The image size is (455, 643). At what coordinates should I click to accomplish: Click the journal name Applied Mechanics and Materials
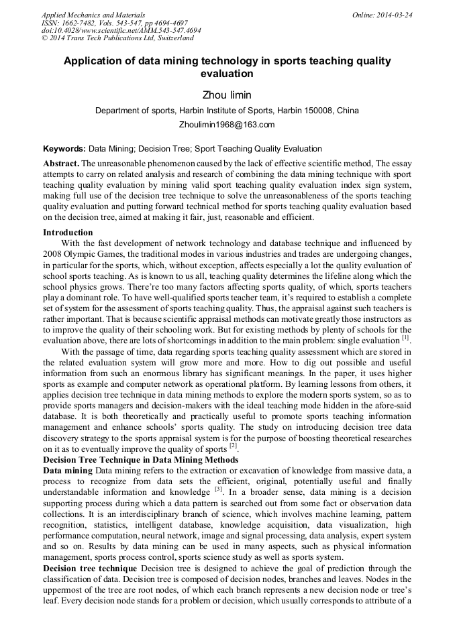(93, 15)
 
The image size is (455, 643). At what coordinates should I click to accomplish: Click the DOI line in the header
(121, 31)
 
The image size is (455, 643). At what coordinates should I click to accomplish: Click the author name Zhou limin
(227, 95)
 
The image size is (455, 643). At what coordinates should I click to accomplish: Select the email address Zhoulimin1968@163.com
(227, 125)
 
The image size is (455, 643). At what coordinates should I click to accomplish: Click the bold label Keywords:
(64, 149)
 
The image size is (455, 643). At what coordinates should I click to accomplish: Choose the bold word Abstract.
(61, 164)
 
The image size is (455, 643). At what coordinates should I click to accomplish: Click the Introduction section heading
(68, 233)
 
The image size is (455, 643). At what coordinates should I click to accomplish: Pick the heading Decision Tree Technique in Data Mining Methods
(140, 460)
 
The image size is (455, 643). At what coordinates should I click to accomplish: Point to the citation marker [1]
(406, 337)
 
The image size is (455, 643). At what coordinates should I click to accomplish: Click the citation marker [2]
(233, 447)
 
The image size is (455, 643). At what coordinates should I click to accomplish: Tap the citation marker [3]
(219, 489)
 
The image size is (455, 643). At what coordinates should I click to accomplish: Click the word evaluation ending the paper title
(227, 74)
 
